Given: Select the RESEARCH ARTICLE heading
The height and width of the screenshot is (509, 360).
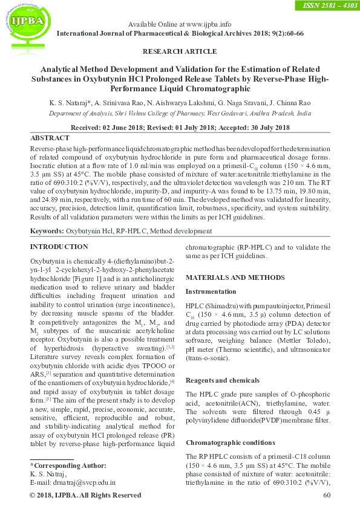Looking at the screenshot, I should pos(180,51).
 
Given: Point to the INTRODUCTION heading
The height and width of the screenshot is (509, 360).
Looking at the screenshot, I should pos(59,247).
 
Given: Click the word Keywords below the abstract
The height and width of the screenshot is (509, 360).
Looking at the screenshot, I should pos(47,232).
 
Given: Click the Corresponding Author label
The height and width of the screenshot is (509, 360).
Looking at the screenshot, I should pos(68,465).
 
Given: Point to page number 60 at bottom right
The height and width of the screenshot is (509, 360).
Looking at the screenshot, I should pos(327,496).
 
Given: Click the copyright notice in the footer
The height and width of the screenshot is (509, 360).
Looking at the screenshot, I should pos(85,496).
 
